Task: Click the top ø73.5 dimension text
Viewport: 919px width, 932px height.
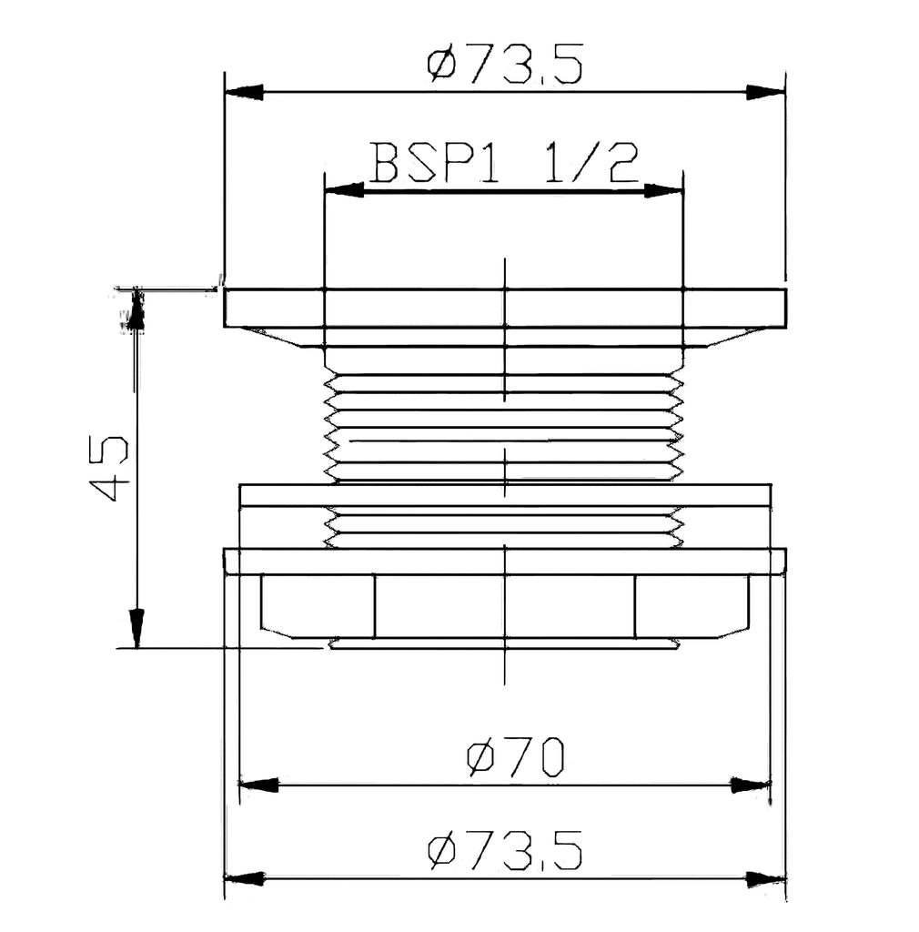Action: (x=504, y=63)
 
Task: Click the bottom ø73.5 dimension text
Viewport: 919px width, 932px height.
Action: (x=504, y=851)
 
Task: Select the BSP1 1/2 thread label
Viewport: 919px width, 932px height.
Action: (x=504, y=162)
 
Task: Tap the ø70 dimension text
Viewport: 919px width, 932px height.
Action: (x=515, y=757)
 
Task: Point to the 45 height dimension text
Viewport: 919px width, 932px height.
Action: (x=108, y=468)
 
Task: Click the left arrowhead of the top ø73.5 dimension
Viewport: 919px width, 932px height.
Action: (x=244, y=93)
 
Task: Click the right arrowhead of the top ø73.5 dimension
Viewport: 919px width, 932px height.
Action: (x=766, y=93)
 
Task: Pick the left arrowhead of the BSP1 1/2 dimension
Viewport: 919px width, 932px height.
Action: (x=344, y=191)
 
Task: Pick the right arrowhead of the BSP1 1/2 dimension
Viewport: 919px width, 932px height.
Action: (x=663, y=191)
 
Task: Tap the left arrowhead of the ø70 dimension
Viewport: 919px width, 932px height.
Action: (x=258, y=785)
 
